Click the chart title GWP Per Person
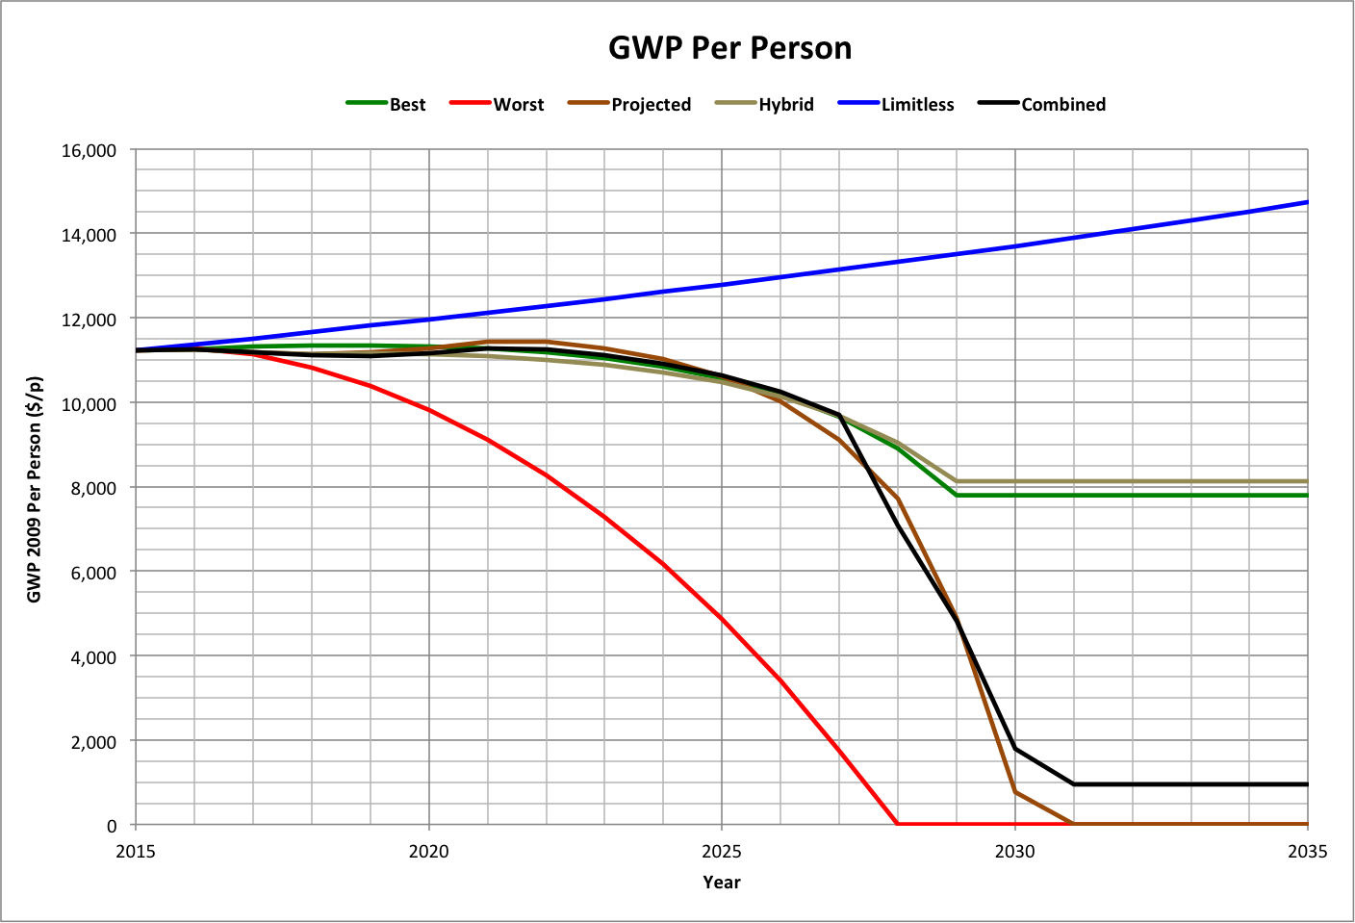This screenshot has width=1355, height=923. pyautogui.click(x=729, y=48)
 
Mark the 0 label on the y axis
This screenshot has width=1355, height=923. pyautogui.click(x=112, y=826)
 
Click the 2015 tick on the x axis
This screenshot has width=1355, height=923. pyautogui.click(x=136, y=851)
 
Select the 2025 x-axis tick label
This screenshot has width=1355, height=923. pyautogui.click(x=722, y=851)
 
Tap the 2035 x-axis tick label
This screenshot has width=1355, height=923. pyautogui.click(x=1307, y=851)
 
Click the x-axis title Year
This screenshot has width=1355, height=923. pyautogui.click(x=722, y=882)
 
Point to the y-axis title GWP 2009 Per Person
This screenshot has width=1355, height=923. pyautogui.click(x=35, y=489)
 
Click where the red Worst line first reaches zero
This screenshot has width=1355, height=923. pyautogui.click(x=898, y=824)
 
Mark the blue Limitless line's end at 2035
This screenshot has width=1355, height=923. pyautogui.click(x=1307, y=202)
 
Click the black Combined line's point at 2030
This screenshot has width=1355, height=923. pyautogui.click(x=1015, y=749)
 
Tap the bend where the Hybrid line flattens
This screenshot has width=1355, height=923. pyautogui.click(x=957, y=481)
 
